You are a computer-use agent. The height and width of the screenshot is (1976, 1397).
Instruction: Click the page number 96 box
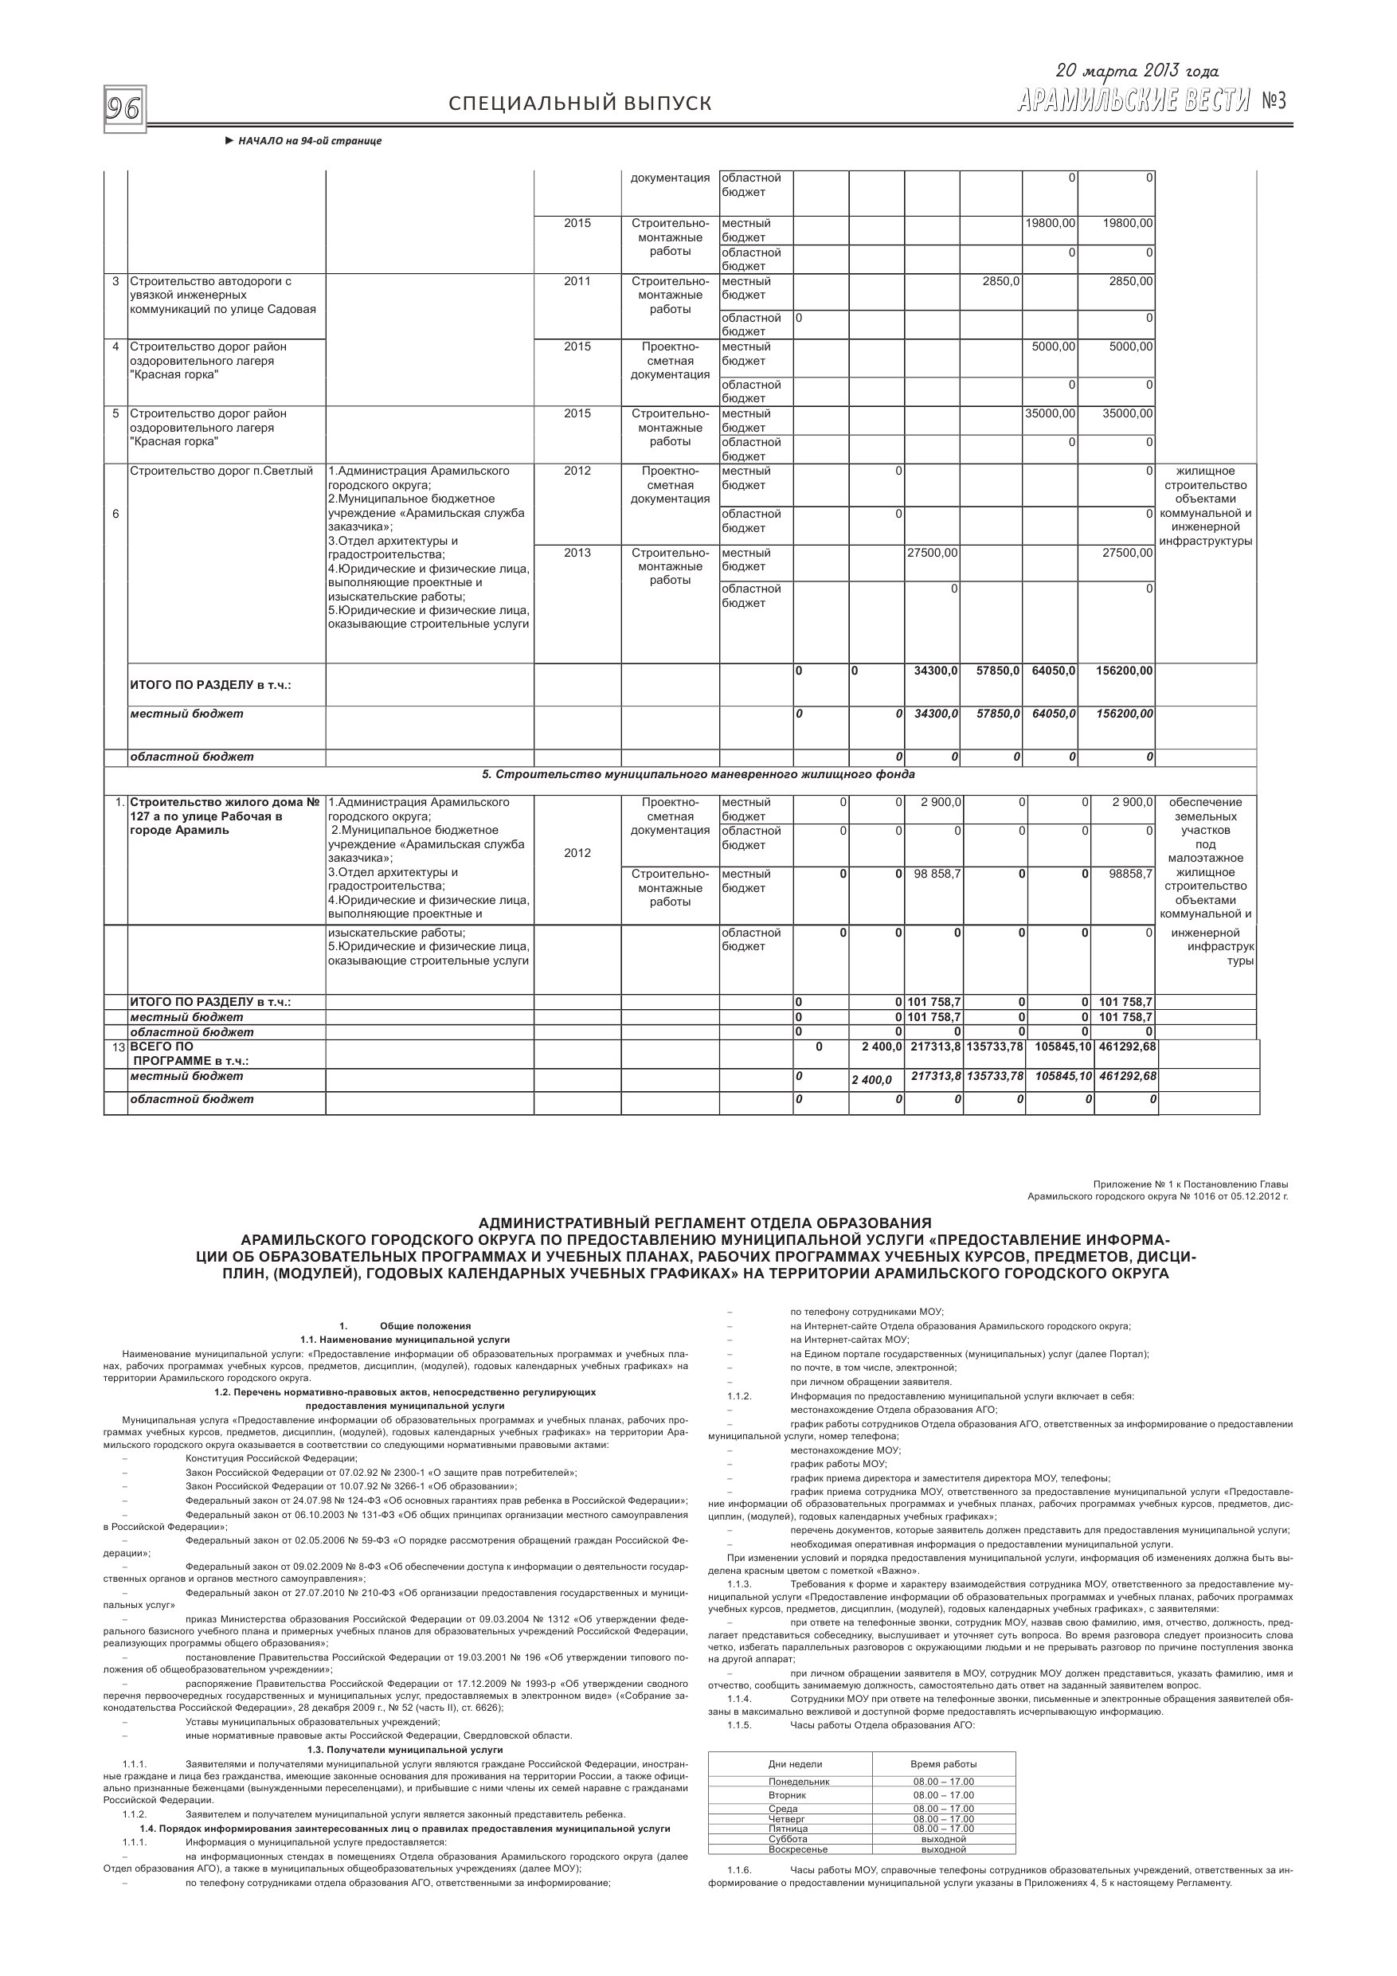124,108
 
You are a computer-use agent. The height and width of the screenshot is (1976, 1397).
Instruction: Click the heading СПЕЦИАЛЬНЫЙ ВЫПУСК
580,104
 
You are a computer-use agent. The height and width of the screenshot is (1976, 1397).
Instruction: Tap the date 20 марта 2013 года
1137,72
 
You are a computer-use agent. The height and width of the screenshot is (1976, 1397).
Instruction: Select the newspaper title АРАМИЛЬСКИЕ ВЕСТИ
1133,103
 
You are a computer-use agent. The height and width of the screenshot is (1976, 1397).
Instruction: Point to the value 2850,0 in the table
1001,281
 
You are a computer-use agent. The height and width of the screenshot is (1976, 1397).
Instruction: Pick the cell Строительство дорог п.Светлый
221,472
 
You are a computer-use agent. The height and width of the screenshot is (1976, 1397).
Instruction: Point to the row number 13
116,1047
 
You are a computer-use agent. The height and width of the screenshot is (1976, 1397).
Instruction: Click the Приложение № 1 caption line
1191,1184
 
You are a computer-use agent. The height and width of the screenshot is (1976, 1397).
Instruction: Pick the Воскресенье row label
798,1849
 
